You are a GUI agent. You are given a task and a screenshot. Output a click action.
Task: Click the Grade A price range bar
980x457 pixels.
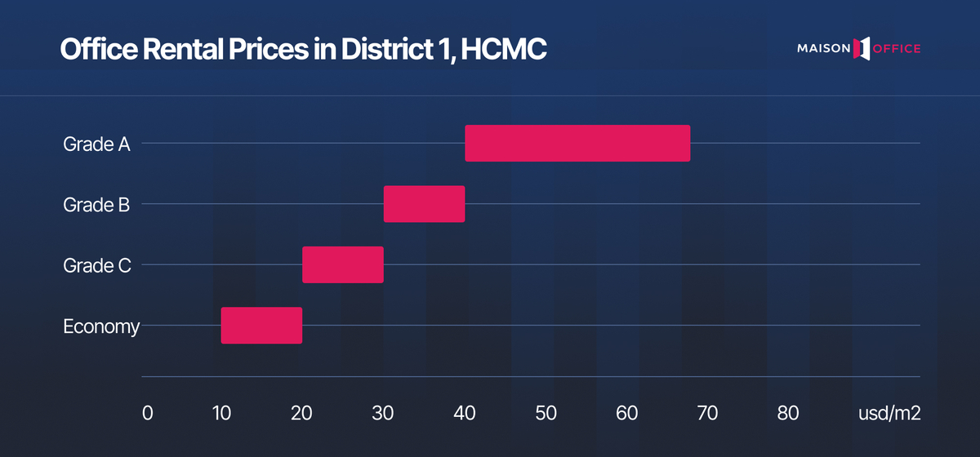click(x=577, y=144)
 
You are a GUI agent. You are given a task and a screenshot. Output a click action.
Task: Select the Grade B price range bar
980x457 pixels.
click(x=424, y=204)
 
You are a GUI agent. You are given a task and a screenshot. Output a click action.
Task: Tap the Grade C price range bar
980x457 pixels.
click(x=343, y=264)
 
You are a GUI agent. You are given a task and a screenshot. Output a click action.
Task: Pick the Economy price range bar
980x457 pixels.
click(x=261, y=326)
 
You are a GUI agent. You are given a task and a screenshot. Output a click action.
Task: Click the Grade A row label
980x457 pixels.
click(x=97, y=144)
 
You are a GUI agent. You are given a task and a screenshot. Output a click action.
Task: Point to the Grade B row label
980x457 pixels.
click(x=96, y=205)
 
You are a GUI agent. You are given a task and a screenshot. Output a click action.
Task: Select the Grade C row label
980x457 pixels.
click(x=96, y=265)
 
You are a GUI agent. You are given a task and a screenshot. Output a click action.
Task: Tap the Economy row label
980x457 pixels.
click(x=102, y=326)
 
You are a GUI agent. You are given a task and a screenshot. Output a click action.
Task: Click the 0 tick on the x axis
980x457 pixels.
click(x=147, y=413)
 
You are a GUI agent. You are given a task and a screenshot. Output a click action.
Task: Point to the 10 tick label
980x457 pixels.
click(x=220, y=413)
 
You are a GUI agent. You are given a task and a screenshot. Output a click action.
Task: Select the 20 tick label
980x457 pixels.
click(x=302, y=413)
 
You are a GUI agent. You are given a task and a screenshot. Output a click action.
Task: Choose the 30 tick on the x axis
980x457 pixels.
click(x=383, y=413)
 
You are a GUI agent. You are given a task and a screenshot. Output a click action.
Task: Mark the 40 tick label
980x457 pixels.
click(x=465, y=413)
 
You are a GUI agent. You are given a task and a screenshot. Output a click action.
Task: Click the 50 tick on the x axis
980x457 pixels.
click(x=546, y=413)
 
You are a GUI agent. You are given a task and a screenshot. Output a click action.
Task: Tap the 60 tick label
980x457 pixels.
click(x=626, y=413)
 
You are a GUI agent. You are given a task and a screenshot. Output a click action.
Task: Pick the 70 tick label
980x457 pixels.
click(x=707, y=413)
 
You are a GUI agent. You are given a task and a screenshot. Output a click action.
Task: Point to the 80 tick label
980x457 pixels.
click(x=788, y=413)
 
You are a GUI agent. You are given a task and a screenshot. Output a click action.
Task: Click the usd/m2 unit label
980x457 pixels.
click(x=889, y=413)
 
